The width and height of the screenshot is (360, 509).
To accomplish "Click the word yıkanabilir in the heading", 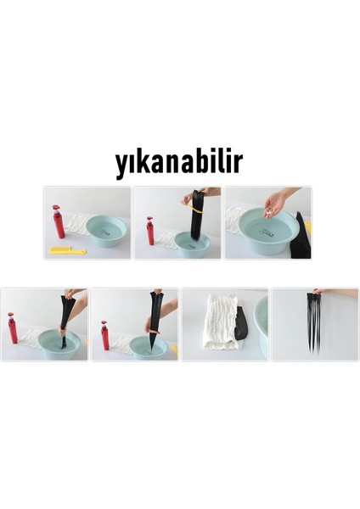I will (x=178, y=163).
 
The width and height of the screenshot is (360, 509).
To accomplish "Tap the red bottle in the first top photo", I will (x=59, y=222).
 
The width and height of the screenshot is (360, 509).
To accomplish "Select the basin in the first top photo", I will (x=105, y=230).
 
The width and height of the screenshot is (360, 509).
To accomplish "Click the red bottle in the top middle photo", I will (x=150, y=231).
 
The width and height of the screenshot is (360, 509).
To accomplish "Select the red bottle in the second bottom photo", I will (x=104, y=334).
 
